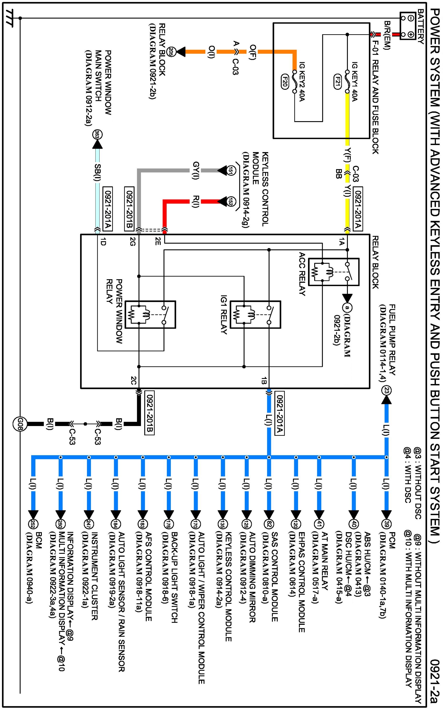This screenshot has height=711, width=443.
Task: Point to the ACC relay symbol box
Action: [334, 272]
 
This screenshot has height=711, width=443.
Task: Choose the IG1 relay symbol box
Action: [255, 315]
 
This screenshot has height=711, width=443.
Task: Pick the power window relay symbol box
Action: [150, 315]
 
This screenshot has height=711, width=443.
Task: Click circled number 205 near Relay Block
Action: [170, 52]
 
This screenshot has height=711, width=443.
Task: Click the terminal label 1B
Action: [263, 381]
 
